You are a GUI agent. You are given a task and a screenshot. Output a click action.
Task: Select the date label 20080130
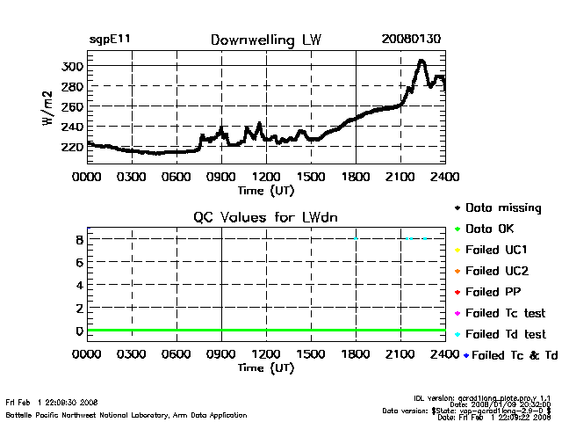point(413,40)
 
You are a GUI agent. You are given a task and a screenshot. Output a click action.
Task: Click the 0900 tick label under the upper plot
point(221,177)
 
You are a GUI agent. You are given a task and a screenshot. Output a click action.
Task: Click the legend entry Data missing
point(503,208)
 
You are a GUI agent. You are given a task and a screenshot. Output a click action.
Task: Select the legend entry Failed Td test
point(505,334)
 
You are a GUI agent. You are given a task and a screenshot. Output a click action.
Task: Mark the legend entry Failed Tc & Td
point(508,355)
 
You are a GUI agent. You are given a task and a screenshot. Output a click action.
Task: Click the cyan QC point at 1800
point(356,238)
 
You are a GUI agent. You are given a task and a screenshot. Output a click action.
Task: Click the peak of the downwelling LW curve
point(421,61)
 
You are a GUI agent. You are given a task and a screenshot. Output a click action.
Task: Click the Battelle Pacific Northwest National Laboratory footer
point(126,415)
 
